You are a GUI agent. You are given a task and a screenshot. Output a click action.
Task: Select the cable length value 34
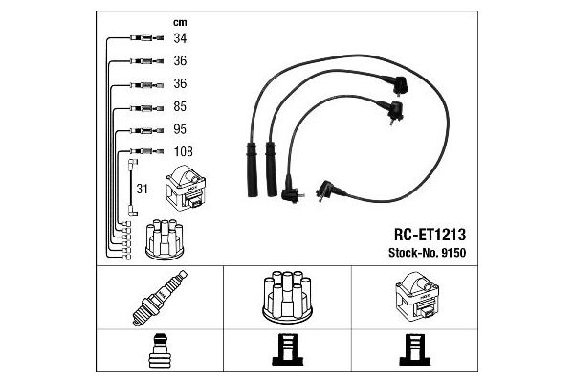click(x=179, y=38)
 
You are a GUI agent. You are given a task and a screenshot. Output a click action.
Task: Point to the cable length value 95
click(x=179, y=129)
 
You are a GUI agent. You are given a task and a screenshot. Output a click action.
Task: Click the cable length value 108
click(x=183, y=151)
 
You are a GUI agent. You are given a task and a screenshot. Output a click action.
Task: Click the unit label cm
click(x=179, y=21)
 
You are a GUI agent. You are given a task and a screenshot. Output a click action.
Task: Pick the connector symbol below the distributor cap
click(x=286, y=353)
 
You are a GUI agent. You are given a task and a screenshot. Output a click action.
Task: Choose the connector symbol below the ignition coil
click(x=416, y=353)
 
